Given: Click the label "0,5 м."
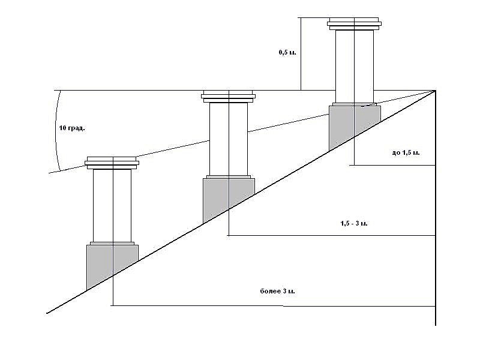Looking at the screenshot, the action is click(x=287, y=52).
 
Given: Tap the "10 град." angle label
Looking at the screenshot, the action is click(x=72, y=128).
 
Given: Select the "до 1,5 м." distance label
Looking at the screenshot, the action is click(x=406, y=152).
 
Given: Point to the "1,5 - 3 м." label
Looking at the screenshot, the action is click(x=354, y=223).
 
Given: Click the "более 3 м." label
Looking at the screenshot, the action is click(x=278, y=291).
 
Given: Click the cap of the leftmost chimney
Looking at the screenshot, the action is click(x=112, y=163).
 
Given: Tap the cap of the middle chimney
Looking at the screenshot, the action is click(x=229, y=97).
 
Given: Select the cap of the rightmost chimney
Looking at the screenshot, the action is click(x=354, y=24).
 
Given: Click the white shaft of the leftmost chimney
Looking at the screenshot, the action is click(x=112, y=206).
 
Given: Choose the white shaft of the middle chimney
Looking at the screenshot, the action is click(x=229, y=139).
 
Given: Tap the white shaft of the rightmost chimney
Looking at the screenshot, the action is click(x=355, y=67).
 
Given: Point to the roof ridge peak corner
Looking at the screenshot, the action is click(x=435, y=91).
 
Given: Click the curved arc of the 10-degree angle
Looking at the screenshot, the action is click(x=56, y=130).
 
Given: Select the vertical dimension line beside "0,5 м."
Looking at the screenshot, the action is click(x=301, y=54).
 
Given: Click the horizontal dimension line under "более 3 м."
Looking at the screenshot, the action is click(x=273, y=305).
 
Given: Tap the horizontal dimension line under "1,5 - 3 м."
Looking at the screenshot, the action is click(x=331, y=235).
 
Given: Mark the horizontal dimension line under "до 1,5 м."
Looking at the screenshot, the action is click(x=392, y=166).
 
